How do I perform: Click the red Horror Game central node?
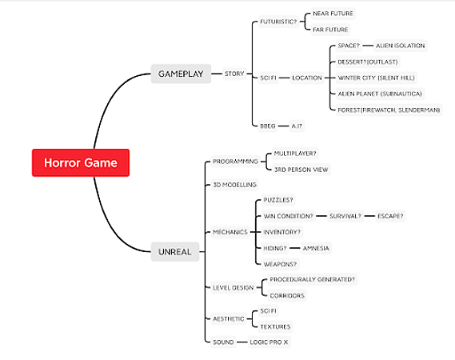point(81,162)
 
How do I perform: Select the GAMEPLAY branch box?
point(181,74)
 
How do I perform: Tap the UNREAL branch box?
point(175,252)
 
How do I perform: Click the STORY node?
point(234,74)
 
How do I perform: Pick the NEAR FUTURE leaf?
point(333,14)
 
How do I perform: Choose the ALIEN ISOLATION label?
point(400,46)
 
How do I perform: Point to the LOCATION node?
point(307,78)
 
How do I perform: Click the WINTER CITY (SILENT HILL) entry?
point(376,78)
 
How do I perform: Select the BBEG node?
point(268,126)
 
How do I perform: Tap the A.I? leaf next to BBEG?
point(297,126)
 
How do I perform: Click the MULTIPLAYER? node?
point(295,154)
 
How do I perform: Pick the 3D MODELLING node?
point(234,185)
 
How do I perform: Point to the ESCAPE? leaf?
point(390,216)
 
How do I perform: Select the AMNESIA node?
point(316,248)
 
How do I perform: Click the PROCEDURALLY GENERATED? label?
point(312,279)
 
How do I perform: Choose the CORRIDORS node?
point(287,295)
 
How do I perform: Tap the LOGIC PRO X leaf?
point(269,342)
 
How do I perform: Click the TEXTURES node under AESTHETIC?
point(275,326)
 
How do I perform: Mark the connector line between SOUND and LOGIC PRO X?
point(241,342)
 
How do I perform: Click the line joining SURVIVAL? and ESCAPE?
point(369,216)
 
